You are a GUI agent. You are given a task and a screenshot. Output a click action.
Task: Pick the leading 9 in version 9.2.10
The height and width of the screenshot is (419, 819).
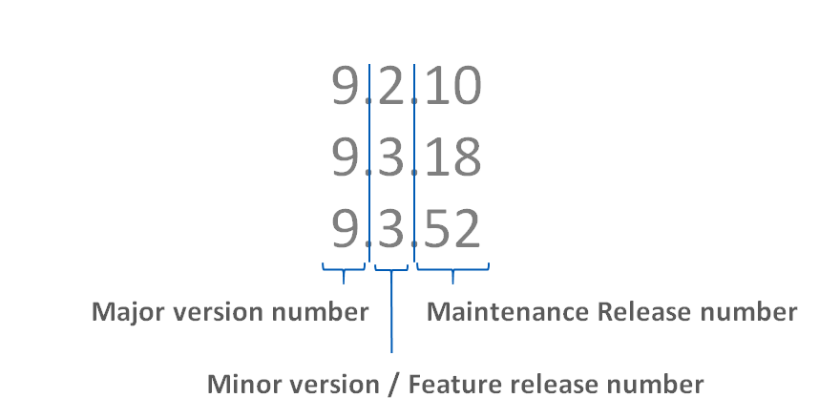coord(347,88)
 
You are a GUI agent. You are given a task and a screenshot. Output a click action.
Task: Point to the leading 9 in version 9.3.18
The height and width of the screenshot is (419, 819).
coord(347,158)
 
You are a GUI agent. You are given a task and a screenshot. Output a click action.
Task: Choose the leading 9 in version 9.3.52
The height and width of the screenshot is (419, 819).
coord(347,230)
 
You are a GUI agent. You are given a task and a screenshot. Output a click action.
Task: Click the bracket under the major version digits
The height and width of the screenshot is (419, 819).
coord(344,271)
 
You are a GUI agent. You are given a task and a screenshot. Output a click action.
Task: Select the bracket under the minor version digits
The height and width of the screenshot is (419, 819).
coord(391,271)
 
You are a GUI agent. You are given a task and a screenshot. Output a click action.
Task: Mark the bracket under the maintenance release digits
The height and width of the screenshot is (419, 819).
coord(452,271)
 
